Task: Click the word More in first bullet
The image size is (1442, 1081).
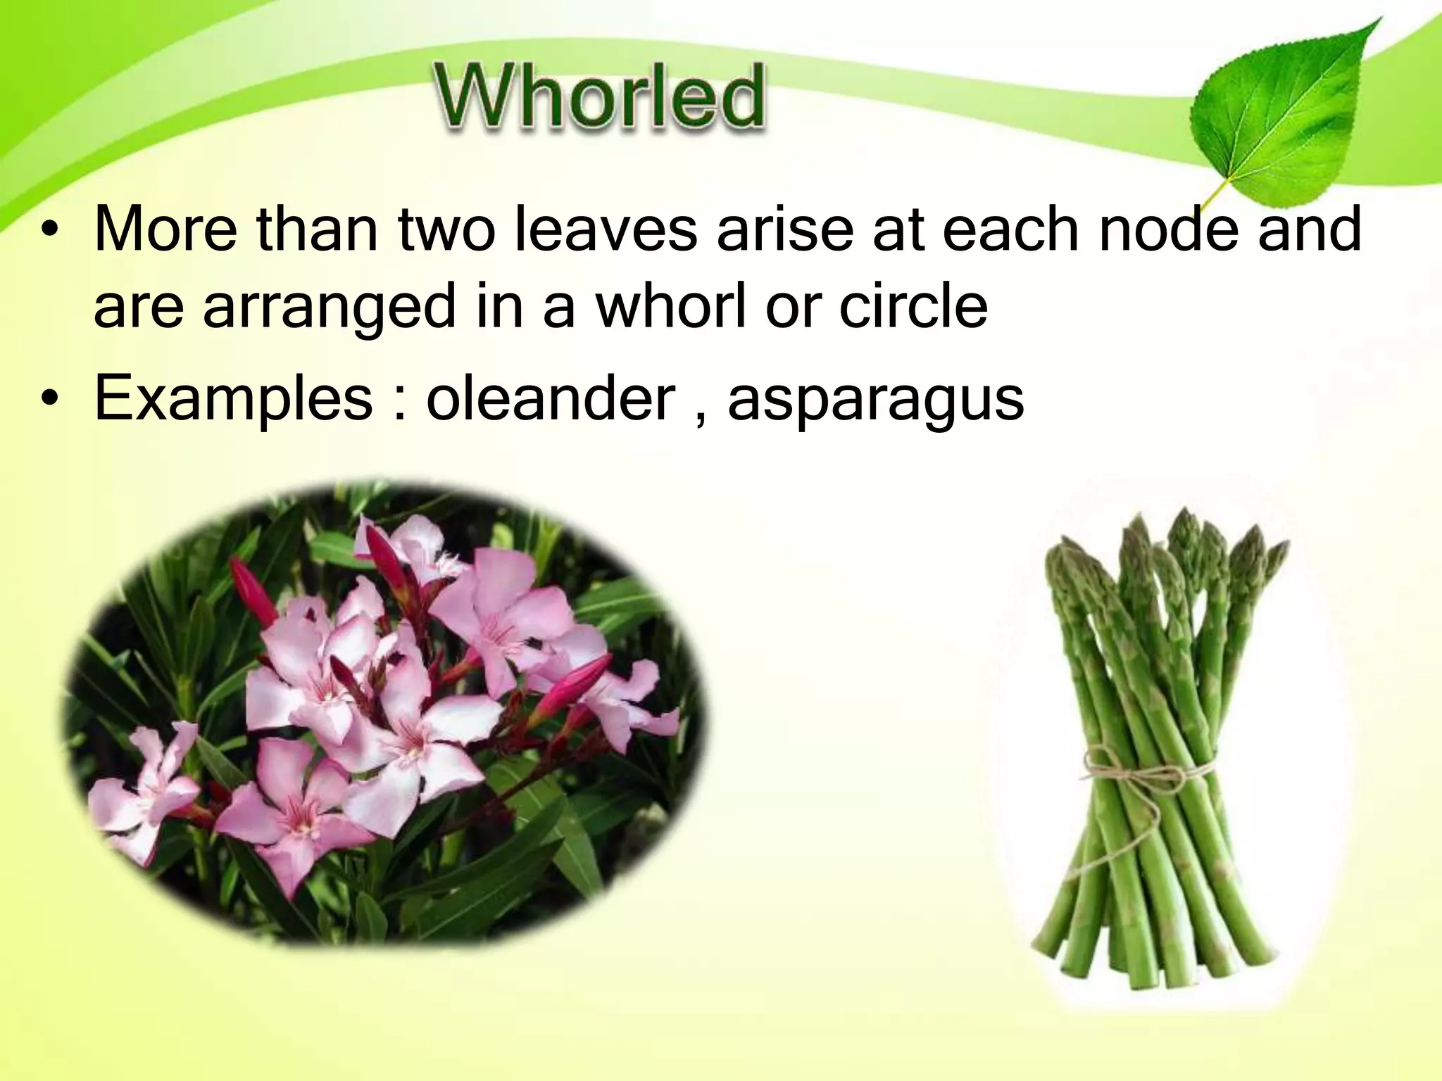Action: click(165, 229)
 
